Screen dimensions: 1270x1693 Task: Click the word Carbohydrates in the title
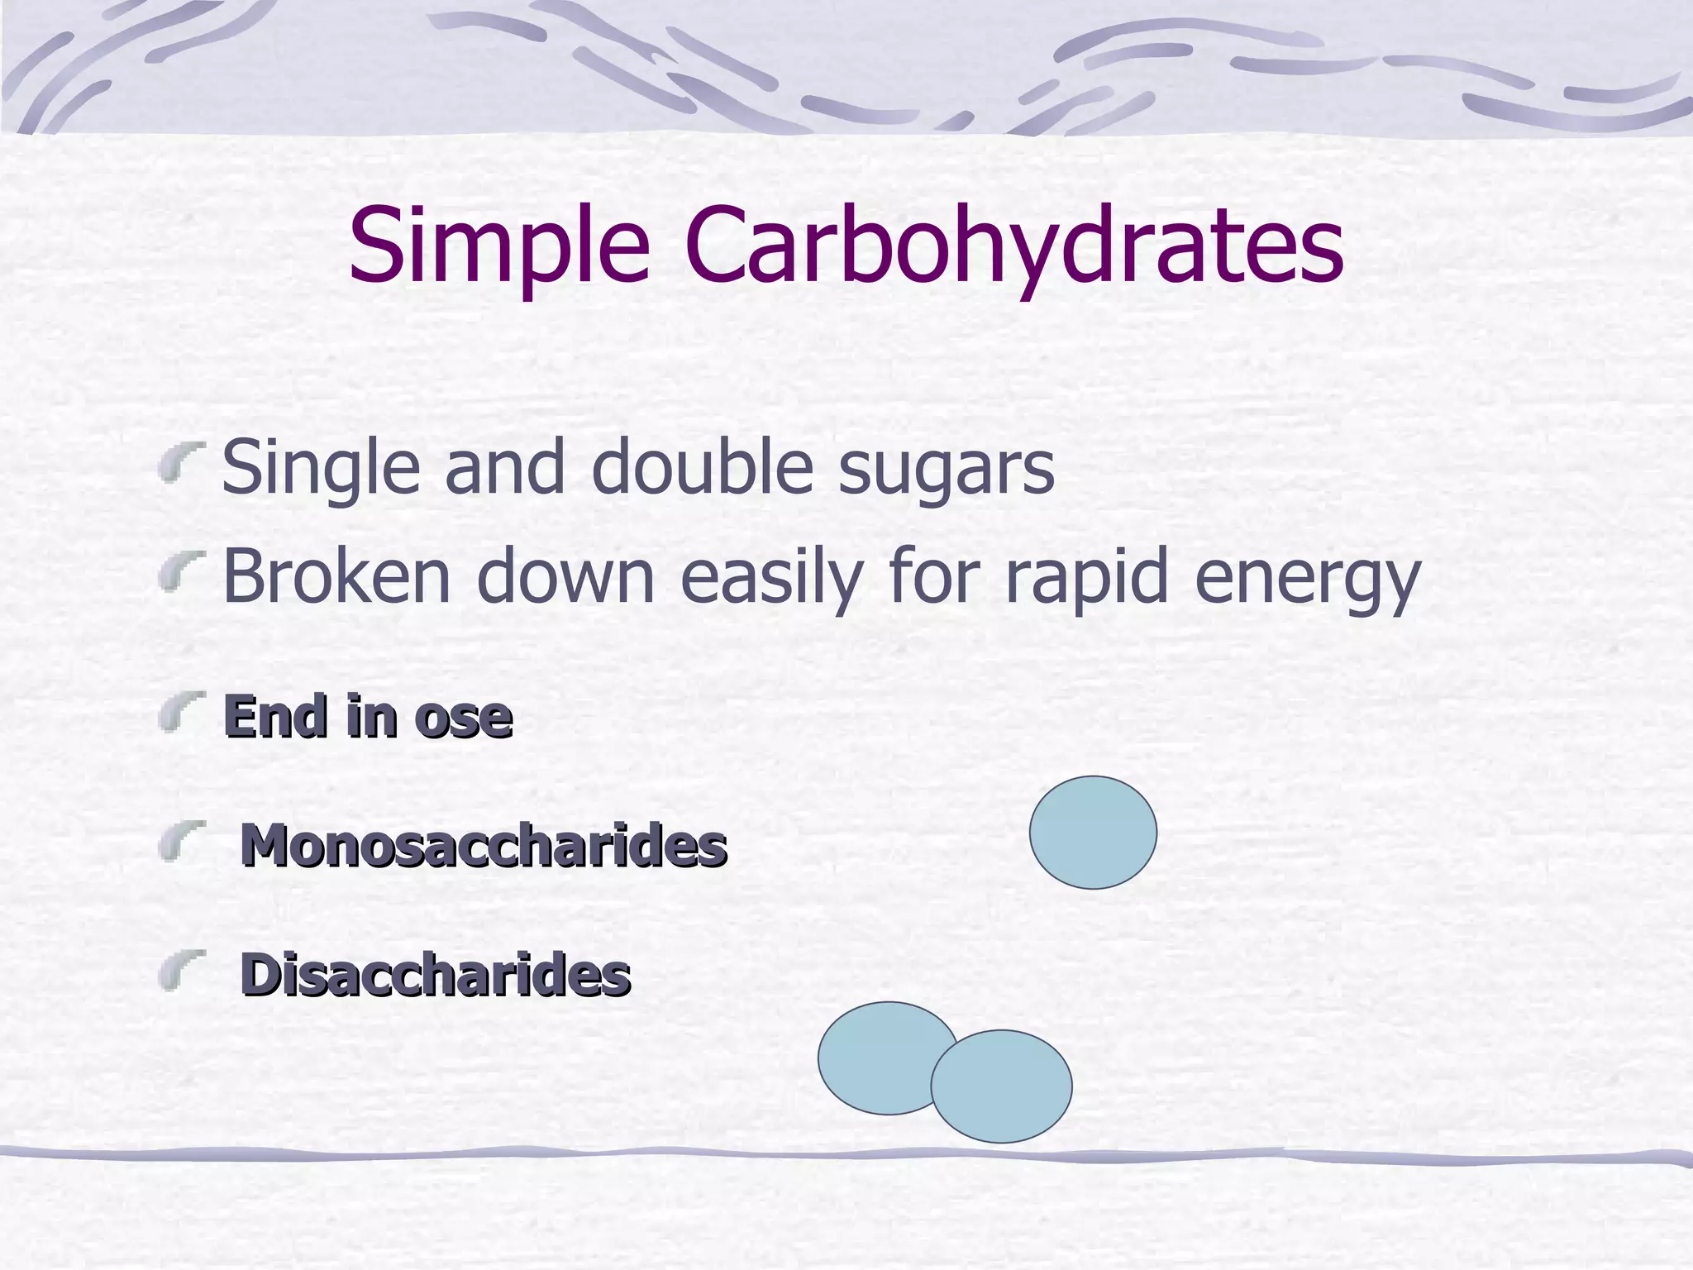pyautogui.click(x=1013, y=246)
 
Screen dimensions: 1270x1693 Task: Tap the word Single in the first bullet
pyautogui.click(x=321, y=468)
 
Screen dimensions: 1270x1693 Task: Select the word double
pyautogui.click(x=702, y=466)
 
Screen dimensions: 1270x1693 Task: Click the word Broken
pyautogui.click(x=336, y=576)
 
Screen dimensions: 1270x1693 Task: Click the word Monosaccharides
pyautogui.click(x=484, y=846)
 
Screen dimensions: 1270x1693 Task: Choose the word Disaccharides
pyautogui.click(x=436, y=975)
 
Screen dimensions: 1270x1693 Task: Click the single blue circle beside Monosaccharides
pyautogui.click(x=1093, y=832)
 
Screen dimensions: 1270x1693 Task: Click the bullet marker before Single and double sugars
pyautogui.click(x=182, y=461)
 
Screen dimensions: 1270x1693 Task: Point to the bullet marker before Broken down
pyautogui.click(x=182, y=572)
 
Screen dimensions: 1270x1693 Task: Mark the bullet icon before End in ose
pyautogui.click(x=182, y=712)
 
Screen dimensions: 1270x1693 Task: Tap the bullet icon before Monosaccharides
pyautogui.click(x=182, y=841)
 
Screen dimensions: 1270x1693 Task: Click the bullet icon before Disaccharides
pyautogui.click(x=182, y=969)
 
